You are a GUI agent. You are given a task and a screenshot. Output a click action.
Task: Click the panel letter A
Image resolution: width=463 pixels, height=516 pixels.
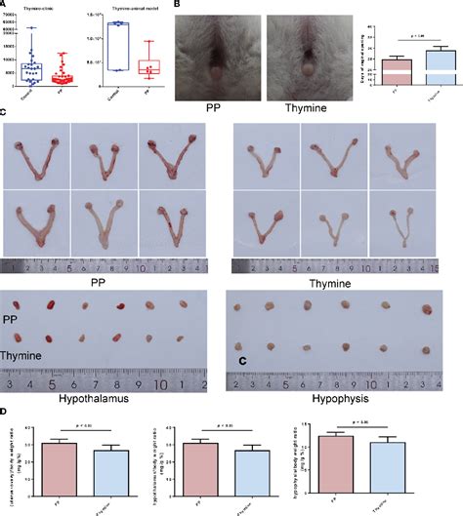tap(5, 5)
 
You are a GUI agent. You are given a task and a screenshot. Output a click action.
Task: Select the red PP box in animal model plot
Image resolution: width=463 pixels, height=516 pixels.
tap(147, 66)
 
